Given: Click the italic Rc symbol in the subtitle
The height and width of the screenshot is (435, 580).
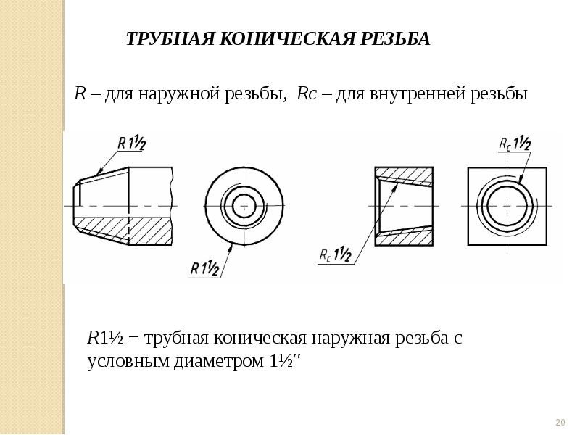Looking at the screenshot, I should point(306,95).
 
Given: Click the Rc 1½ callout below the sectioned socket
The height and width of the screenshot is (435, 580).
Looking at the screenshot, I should point(335,254).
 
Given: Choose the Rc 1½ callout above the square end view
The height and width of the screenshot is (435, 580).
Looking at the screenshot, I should point(515,143).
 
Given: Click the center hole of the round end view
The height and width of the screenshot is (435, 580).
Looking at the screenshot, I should point(244,207).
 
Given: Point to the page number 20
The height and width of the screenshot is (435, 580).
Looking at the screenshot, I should point(560,423).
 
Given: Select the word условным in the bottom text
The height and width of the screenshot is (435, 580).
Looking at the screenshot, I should point(125,360).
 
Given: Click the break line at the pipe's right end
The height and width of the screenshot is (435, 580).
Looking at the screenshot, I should point(173,207).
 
